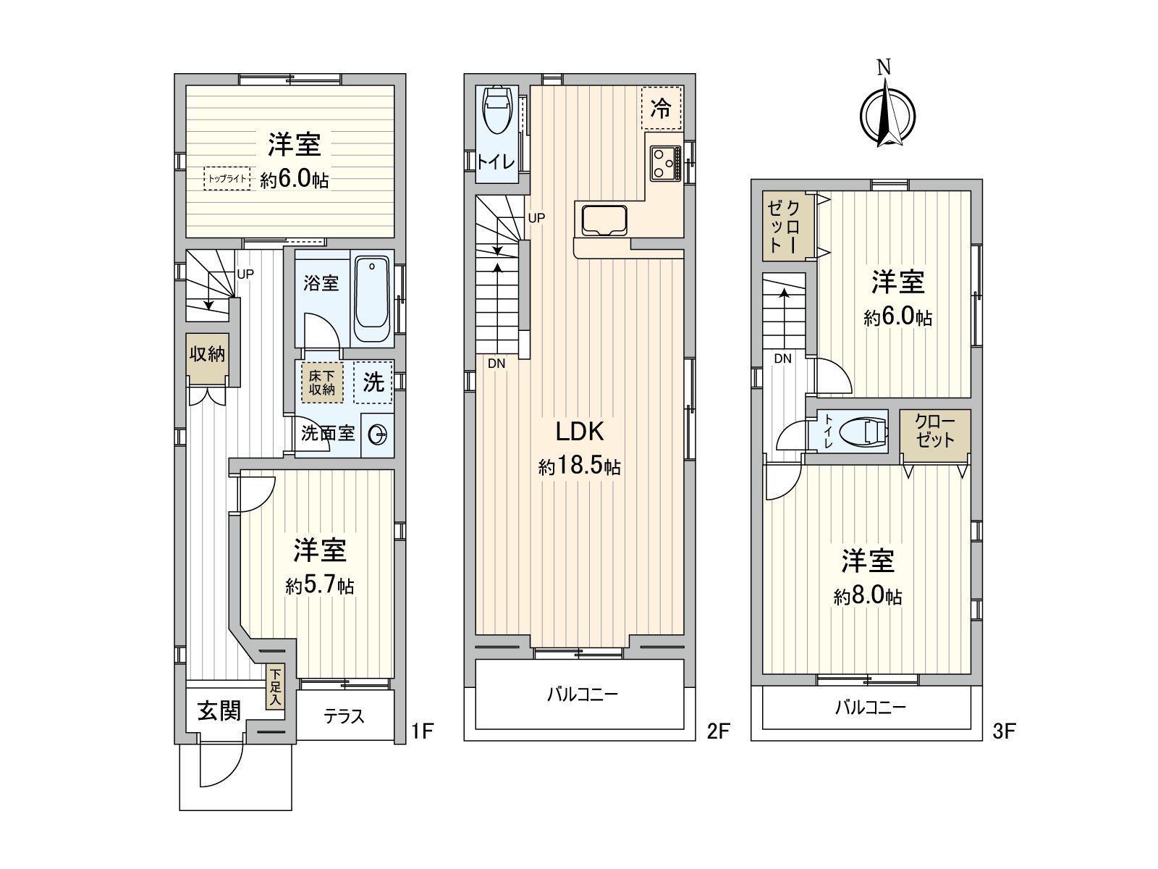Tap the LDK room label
pyautogui.click(x=579, y=432)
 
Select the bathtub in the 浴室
pyautogui.click(x=371, y=300)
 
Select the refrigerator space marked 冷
pyautogui.click(x=661, y=109)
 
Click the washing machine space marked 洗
pyautogui.click(x=373, y=382)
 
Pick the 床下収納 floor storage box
pyautogui.click(x=322, y=382)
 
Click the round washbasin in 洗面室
pyautogui.click(x=378, y=435)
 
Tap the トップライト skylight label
pyautogui.click(x=227, y=178)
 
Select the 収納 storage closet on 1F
pyautogui.click(x=208, y=358)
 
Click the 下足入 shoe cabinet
pyautogui.click(x=275, y=687)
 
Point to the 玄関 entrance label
pyautogui.click(x=219, y=711)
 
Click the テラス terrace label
pyautogui.click(x=344, y=716)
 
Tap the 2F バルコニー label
pyautogui.click(x=581, y=694)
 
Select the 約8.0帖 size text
pyautogui.click(x=867, y=597)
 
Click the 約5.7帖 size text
pyautogui.click(x=319, y=585)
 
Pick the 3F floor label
pyautogui.click(x=1004, y=731)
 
